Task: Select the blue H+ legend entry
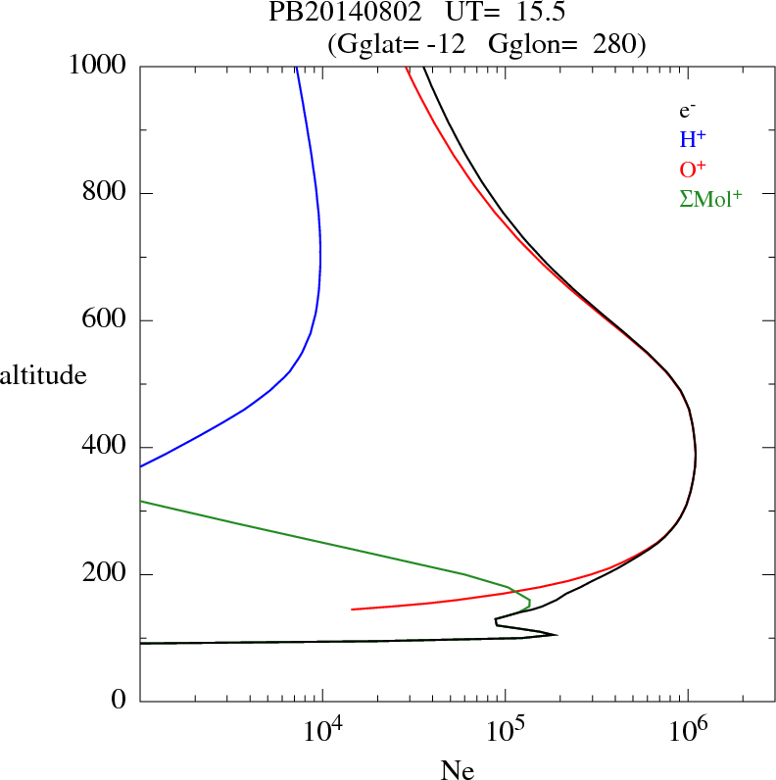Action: [693, 140]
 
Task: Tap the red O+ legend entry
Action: [694, 170]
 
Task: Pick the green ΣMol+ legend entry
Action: [710, 199]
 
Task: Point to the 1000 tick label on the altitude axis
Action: [98, 66]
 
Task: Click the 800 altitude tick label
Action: [105, 193]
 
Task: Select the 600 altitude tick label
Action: [105, 320]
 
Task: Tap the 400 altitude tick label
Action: [105, 447]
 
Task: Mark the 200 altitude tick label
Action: [105, 574]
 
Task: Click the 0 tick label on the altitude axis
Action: [120, 702]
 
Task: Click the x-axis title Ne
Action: [457, 770]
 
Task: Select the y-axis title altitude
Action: [43, 374]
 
